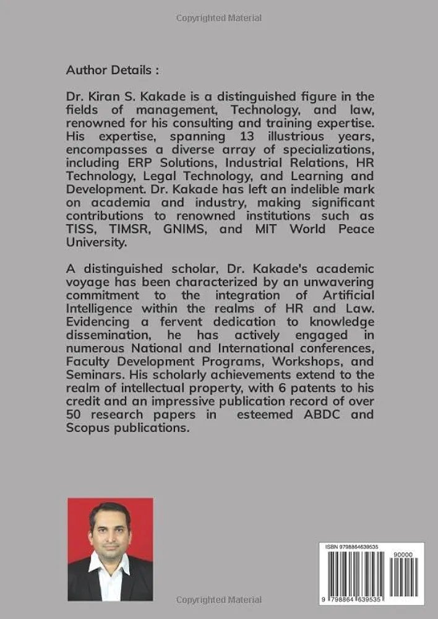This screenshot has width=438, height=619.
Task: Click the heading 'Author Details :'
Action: tap(113, 70)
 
